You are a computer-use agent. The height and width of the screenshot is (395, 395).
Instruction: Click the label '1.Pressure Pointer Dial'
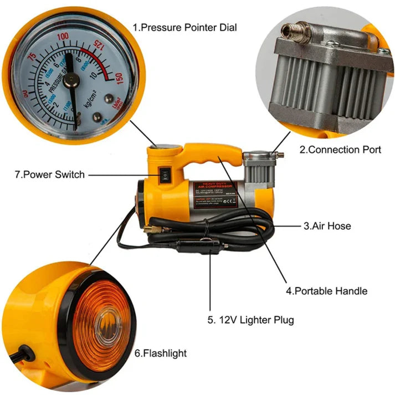[184, 27]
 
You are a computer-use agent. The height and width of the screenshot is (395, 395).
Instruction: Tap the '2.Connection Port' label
[340, 150]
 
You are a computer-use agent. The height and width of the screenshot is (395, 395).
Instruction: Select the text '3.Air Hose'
[326, 225]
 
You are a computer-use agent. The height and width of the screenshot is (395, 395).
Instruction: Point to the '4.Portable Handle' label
[326, 290]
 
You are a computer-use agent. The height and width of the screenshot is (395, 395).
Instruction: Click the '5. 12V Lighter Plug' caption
[251, 320]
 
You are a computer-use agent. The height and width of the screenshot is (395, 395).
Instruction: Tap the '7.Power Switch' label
[50, 175]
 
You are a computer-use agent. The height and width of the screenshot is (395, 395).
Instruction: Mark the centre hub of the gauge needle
[70, 81]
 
